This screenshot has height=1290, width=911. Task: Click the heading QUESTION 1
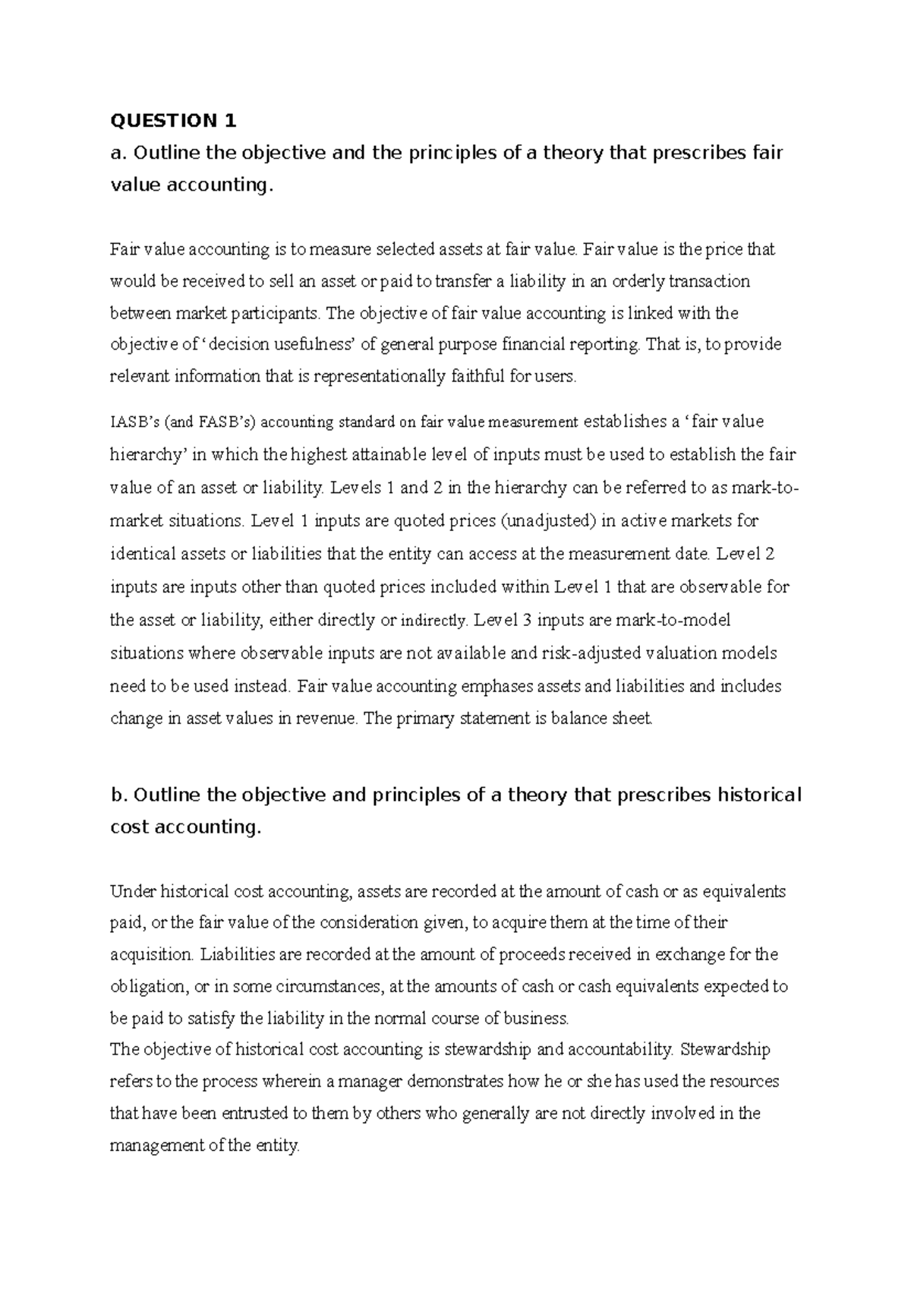coord(174,121)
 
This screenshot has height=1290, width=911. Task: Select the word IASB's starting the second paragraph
coord(135,422)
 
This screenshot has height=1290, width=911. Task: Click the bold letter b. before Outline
coord(118,795)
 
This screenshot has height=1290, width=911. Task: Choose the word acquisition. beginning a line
coord(153,955)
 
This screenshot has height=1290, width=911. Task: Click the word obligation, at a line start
coord(149,987)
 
